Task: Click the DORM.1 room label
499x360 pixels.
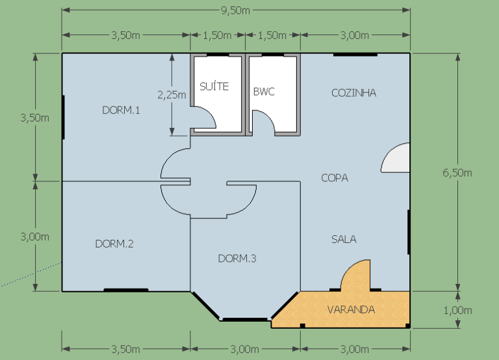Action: (x=121, y=110)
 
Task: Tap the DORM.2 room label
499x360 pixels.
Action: (x=114, y=244)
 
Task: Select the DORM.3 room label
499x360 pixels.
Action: (x=237, y=259)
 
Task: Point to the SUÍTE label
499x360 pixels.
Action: (x=214, y=86)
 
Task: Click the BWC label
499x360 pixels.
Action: (x=264, y=92)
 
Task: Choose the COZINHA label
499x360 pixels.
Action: (x=354, y=93)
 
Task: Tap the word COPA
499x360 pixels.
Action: (x=335, y=177)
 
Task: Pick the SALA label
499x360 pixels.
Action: (x=344, y=239)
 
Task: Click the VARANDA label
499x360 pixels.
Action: (x=351, y=309)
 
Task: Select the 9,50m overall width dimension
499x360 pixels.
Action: (x=235, y=10)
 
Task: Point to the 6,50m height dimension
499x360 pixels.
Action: (x=457, y=173)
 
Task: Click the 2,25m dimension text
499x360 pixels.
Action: (x=172, y=95)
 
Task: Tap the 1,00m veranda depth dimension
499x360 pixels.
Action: (x=457, y=311)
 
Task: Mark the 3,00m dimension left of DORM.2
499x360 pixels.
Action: (x=34, y=237)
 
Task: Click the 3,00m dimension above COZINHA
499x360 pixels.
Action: (x=355, y=35)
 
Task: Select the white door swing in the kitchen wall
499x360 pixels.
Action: (x=396, y=157)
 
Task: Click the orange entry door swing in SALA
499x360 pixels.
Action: (x=355, y=275)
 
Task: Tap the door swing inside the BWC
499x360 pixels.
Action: (x=264, y=122)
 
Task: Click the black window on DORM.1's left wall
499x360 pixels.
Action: (x=63, y=117)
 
